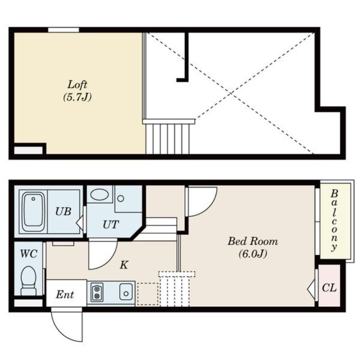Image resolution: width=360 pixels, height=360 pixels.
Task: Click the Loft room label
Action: click(77, 85)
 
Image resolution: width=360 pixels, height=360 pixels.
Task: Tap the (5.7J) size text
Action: click(77, 97)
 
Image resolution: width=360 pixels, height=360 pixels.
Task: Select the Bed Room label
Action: click(252, 241)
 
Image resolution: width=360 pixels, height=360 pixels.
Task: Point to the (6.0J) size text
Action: click(253, 254)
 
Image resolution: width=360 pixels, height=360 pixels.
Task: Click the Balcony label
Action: click(334, 220)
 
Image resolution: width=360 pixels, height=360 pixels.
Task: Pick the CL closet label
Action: click(329, 288)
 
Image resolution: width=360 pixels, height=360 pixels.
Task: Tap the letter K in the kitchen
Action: click(124, 265)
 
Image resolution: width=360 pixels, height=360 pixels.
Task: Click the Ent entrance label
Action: click(65, 295)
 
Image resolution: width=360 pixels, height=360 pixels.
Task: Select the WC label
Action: click(29, 254)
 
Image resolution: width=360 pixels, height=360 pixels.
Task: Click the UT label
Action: click(111, 225)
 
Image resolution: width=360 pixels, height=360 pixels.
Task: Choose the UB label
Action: click(63, 211)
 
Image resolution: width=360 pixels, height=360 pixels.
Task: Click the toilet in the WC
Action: click(28, 281)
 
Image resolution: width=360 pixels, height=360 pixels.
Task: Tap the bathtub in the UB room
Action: click(33, 212)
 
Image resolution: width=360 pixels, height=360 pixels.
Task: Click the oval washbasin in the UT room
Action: click(99, 194)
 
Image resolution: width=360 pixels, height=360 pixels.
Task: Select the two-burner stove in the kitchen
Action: click(97, 292)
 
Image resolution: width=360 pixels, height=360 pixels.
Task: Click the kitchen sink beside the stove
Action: click(126, 292)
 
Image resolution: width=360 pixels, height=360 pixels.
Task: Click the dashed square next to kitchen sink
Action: click(148, 294)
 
